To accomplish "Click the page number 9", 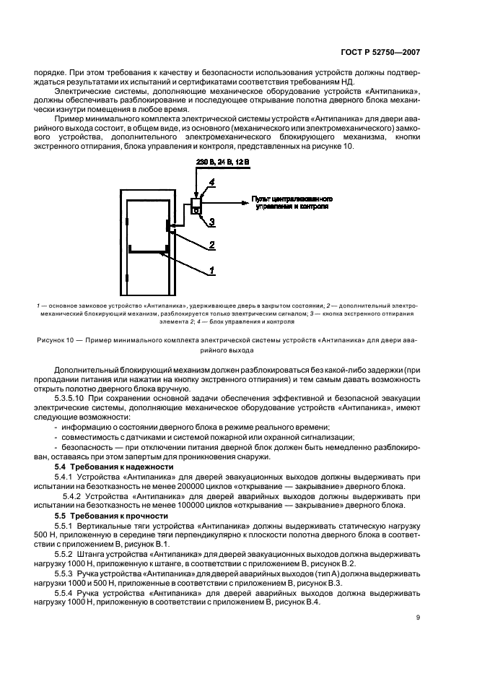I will point(439,617).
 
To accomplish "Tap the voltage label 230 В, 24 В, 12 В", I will point(223,163).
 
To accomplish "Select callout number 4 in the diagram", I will point(214,183).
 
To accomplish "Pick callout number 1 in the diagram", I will point(211,271).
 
